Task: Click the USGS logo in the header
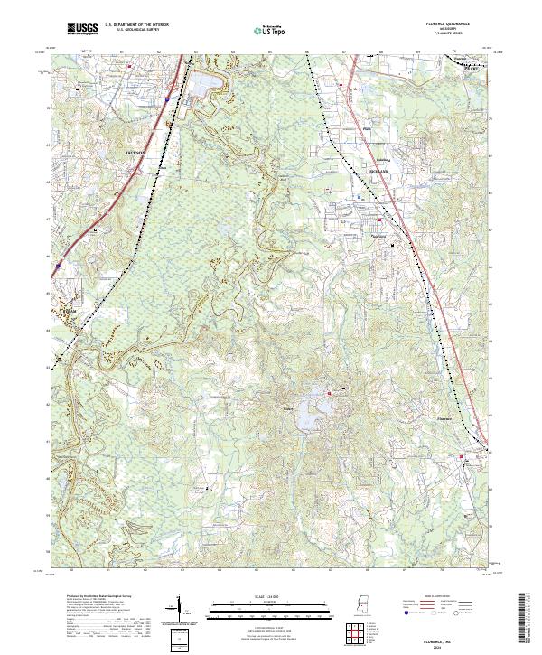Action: click(x=84, y=30)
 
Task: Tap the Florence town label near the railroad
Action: click(x=444, y=418)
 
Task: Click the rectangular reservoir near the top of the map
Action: click(x=204, y=89)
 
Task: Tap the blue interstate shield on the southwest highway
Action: click(x=57, y=266)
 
